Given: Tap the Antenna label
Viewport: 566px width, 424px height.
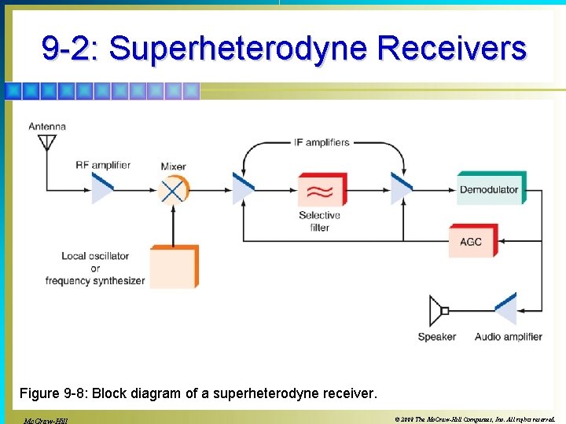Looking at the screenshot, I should (47, 126).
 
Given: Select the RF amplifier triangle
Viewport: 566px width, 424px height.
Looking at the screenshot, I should (102, 188).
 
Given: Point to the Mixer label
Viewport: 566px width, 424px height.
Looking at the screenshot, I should (173, 166).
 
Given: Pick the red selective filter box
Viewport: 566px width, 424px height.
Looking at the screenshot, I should (321, 190).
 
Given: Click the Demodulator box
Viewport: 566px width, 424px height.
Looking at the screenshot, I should (490, 188).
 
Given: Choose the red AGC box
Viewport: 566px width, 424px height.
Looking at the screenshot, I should (471, 241).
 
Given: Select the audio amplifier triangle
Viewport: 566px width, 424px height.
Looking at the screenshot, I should (505, 310).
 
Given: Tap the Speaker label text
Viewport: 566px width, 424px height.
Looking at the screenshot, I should (436, 337).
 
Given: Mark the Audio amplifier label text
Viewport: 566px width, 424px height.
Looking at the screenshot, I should (508, 337).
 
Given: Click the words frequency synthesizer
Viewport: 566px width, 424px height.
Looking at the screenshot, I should (95, 280).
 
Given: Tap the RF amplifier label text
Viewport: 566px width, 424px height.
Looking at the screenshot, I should (103, 165).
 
